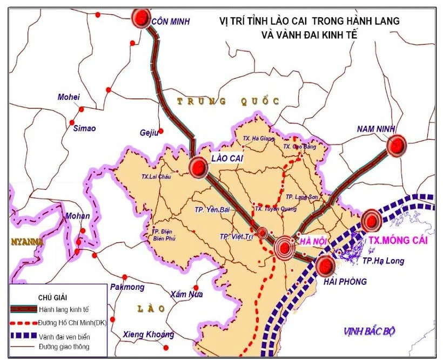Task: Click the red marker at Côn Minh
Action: click(142, 18)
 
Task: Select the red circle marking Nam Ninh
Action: click(397, 146)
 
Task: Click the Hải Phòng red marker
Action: click(326, 266)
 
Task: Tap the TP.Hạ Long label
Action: click(383, 261)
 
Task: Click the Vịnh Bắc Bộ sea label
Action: click(370, 331)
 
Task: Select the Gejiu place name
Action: click(147, 133)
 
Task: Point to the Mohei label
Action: click(69, 97)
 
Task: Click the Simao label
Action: click(84, 128)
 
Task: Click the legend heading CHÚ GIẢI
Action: click(52, 297)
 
